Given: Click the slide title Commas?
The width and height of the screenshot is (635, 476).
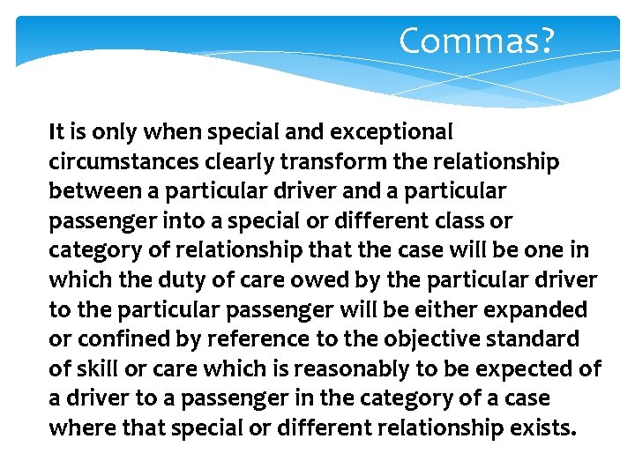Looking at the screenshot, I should (476, 41).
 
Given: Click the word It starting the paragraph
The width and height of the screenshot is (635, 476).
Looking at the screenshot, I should (56, 133).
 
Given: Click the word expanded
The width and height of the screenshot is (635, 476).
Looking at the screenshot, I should (543, 309).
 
